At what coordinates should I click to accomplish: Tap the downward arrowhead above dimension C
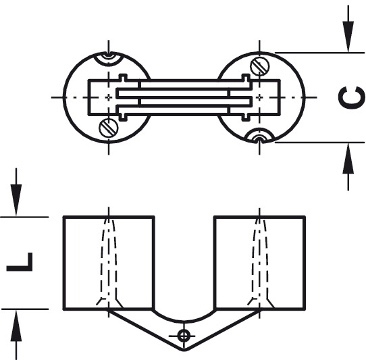coord(348,36)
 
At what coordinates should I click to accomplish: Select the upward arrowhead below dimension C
coord(348,159)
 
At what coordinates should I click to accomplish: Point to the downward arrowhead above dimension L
coord(16,200)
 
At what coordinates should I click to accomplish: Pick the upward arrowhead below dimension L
coord(16,326)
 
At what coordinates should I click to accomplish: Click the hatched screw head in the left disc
coord(109,128)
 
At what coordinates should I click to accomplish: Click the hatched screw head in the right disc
coord(260,66)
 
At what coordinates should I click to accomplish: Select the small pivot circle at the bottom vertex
coord(184,336)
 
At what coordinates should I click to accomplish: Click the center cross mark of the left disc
coord(109,97)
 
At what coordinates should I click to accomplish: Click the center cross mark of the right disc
coord(259,97)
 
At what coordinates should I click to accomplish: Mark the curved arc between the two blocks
coord(184,322)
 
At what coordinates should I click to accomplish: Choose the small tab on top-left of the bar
coord(123,77)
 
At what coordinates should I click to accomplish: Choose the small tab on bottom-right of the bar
coord(246,118)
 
